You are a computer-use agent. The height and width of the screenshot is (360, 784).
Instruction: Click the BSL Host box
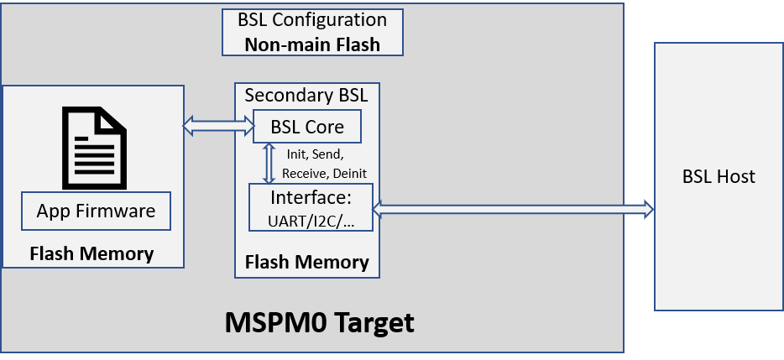(x=718, y=176)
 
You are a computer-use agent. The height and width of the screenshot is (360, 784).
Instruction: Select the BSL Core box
(x=307, y=128)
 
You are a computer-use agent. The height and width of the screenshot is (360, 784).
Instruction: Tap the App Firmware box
(x=96, y=211)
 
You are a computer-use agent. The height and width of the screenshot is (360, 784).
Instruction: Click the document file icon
(x=95, y=148)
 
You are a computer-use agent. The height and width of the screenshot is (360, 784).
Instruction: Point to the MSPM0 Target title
(x=319, y=322)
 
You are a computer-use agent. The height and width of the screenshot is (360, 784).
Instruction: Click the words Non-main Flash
(x=312, y=44)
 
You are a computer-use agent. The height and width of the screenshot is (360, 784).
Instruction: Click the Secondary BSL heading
(x=306, y=95)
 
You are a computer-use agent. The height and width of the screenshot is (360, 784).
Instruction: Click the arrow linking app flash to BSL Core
(x=218, y=127)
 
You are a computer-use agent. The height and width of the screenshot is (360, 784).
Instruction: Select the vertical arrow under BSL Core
(x=269, y=163)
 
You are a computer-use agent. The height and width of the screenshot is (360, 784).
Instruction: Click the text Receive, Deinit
(x=324, y=174)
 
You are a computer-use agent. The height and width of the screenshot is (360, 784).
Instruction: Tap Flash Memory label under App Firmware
(x=91, y=253)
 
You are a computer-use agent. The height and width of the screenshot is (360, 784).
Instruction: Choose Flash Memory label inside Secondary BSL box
(x=306, y=262)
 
